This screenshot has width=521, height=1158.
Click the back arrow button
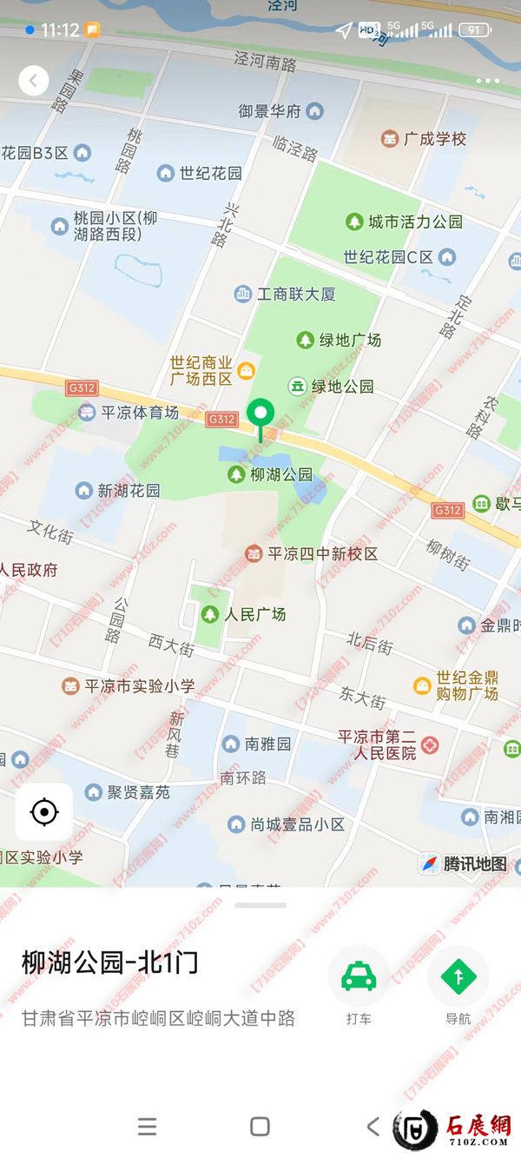point(33,81)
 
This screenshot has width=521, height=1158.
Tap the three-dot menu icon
point(487,81)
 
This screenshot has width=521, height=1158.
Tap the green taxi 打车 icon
point(358,977)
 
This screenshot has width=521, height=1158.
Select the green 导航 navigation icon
point(458,977)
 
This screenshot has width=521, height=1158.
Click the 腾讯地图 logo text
point(474,864)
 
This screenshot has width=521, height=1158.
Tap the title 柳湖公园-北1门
point(110,963)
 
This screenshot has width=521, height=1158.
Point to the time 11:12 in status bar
point(60,30)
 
